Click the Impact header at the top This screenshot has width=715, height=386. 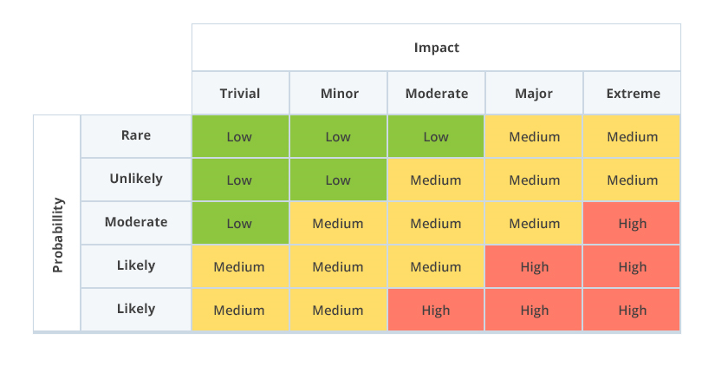pos(437,48)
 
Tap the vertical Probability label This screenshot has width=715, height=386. pos(57,235)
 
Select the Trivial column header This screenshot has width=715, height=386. pos(240,94)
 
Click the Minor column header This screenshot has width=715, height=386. pos(339,94)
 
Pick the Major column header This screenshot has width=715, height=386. pos(534,94)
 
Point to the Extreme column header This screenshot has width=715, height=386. pos(633,94)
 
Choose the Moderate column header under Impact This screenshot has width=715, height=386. pos(437,94)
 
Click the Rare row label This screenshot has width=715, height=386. pos(136,135)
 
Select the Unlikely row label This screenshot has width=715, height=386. pos(136,179)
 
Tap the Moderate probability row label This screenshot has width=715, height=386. pos(136,222)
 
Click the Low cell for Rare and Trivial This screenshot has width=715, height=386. pos(240,136)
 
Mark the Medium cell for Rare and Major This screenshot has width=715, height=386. pos(534,136)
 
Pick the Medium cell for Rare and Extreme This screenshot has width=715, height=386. pos(632,136)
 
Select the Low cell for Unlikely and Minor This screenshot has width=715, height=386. pos(338,180)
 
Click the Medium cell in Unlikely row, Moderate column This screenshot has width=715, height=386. pos(436,180)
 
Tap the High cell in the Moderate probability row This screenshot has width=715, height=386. pos(632,223)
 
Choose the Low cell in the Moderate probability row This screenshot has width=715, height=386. pos(240,223)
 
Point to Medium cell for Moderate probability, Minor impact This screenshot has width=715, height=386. pos(338,223)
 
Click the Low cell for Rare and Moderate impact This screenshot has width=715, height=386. pos(436,136)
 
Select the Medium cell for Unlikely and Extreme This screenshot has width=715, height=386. pos(632,180)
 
